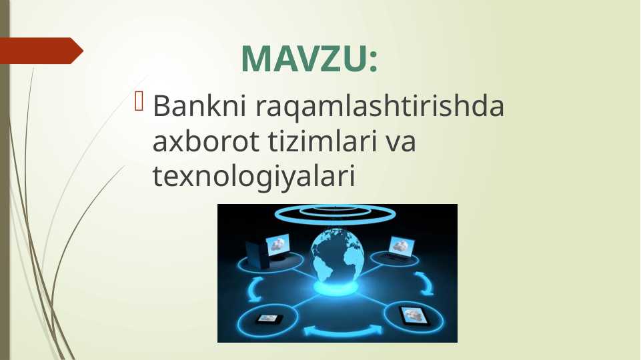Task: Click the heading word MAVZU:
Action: pos(309,59)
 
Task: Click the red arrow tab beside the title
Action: pos(42,51)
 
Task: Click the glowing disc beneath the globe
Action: pos(336,288)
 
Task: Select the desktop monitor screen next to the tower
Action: pos(278,245)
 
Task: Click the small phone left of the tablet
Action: pos(269,319)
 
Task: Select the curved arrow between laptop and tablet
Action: pos(425,283)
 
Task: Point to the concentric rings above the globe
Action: pos(336,215)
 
